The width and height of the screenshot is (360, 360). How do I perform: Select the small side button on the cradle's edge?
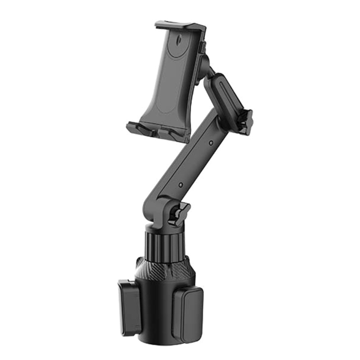[x=204, y=45]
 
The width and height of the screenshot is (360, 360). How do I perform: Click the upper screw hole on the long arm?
[x=211, y=143]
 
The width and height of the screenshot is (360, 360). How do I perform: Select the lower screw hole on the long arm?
[x=181, y=184]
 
